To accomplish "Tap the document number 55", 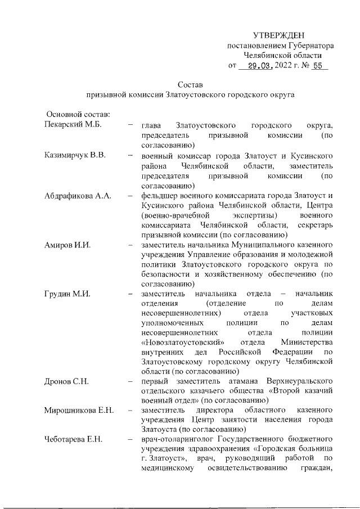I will [318, 66].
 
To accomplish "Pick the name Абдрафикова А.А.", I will [78, 195].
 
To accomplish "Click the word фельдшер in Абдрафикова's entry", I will [161, 195].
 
